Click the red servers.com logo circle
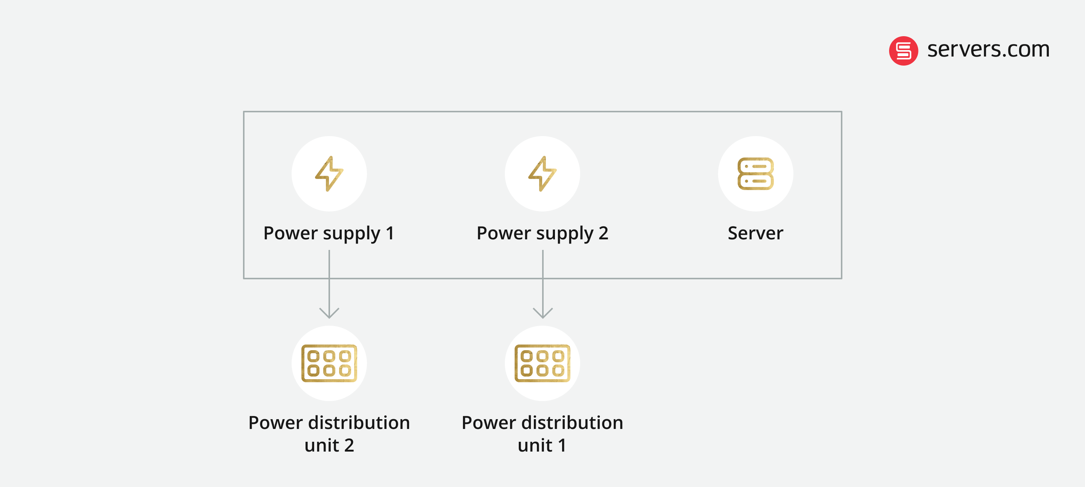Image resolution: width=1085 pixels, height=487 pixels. (x=903, y=51)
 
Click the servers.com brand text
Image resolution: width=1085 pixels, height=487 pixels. (x=988, y=50)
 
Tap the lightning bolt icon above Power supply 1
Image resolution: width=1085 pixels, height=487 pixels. (x=329, y=173)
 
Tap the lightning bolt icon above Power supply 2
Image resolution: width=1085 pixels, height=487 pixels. (x=542, y=173)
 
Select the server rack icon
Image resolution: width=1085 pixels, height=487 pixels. (x=756, y=173)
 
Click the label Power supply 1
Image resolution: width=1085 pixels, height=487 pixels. (x=329, y=233)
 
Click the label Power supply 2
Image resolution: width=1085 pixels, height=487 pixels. (x=542, y=233)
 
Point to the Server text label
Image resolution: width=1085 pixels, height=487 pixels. (x=756, y=233)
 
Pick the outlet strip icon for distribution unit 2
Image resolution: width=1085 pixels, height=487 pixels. (x=329, y=363)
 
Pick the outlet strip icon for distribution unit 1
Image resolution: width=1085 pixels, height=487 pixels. (x=542, y=363)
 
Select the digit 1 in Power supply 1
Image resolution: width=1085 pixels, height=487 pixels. (x=390, y=233)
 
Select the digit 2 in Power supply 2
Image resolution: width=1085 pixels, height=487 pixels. (x=604, y=233)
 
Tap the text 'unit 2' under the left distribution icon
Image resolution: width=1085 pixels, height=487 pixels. (x=329, y=445)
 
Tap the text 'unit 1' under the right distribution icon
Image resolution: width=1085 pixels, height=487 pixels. (x=542, y=445)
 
